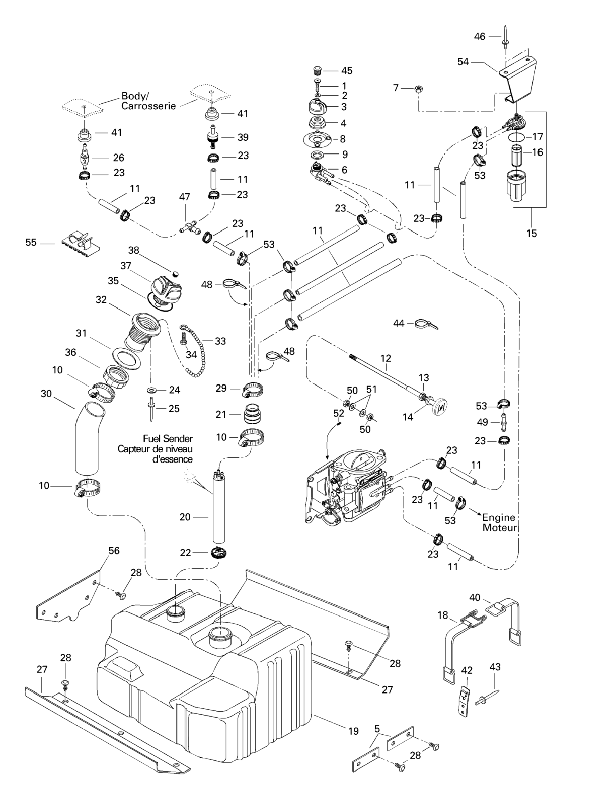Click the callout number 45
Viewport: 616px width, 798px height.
click(x=347, y=71)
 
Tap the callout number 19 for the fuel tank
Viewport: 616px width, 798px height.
click(x=353, y=731)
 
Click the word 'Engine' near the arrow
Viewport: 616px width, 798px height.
click(x=499, y=517)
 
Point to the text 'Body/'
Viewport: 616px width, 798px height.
click(x=135, y=96)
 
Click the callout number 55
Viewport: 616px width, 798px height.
click(x=31, y=242)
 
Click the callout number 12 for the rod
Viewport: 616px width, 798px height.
click(x=385, y=358)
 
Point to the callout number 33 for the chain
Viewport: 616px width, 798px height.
click(x=220, y=341)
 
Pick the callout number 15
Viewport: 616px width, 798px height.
click(x=531, y=233)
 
